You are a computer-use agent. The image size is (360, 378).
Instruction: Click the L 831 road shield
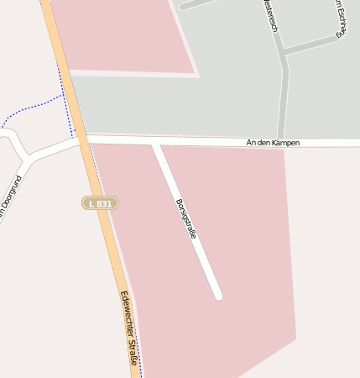pos(101,202)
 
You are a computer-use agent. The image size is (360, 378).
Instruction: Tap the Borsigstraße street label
pos(186,219)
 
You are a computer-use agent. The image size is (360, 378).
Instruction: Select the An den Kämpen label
pos(273,143)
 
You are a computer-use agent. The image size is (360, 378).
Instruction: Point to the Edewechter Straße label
pos(129,330)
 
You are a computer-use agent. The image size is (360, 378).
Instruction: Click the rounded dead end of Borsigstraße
pos(218,295)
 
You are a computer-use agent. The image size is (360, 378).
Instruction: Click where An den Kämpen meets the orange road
pos(81,139)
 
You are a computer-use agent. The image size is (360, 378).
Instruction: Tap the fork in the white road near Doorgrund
pos(29,156)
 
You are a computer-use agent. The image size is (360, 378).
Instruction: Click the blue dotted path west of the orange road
pos(34,109)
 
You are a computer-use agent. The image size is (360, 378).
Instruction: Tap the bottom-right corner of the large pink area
pos(295,339)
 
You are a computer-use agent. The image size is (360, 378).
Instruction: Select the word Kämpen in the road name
pos(284,143)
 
